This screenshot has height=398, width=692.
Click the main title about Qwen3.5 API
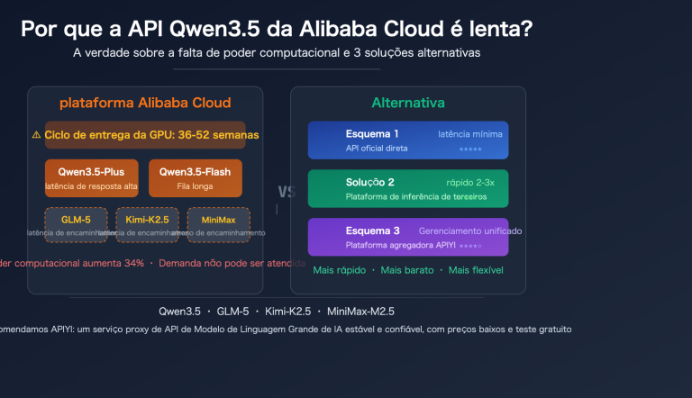(x=277, y=29)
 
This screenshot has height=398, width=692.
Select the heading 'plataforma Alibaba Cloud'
(x=145, y=103)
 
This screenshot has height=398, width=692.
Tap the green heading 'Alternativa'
(x=407, y=103)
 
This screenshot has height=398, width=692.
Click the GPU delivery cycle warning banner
(x=145, y=134)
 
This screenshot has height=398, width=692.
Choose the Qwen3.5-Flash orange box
(x=195, y=177)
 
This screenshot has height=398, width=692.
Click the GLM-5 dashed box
(x=76, y=224)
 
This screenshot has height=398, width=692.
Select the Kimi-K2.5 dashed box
(x=147, y=224)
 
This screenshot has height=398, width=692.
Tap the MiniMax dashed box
(x=217, y=224)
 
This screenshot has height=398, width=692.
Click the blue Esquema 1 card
(x=407, y=140)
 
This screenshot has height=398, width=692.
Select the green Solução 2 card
(x=407, y=188)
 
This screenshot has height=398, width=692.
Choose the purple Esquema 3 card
(x=407, y=237)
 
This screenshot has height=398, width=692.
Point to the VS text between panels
(x=287, y=192)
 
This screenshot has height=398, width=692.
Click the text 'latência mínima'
(x=470, y=133)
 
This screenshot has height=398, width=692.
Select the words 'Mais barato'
(x=408, y=270)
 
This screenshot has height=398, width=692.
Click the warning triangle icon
(x=36, y=134)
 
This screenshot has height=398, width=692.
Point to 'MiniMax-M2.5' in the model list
(x=360, y=311)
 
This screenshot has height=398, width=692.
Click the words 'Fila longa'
(x=195, y=187)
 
